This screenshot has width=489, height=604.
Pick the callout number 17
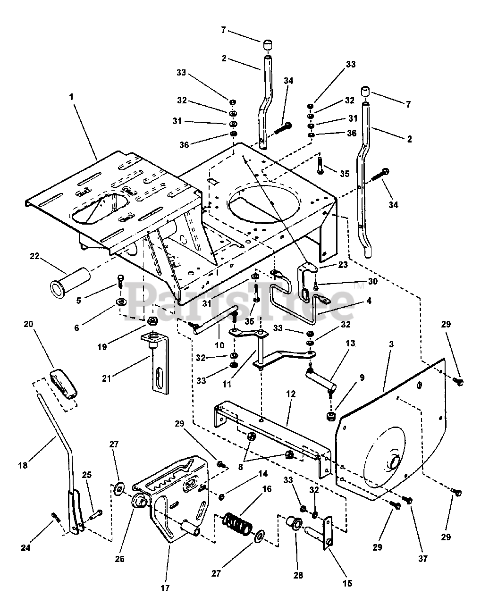(x=165, y=588)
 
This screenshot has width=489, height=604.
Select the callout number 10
(x=219, y=345)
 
